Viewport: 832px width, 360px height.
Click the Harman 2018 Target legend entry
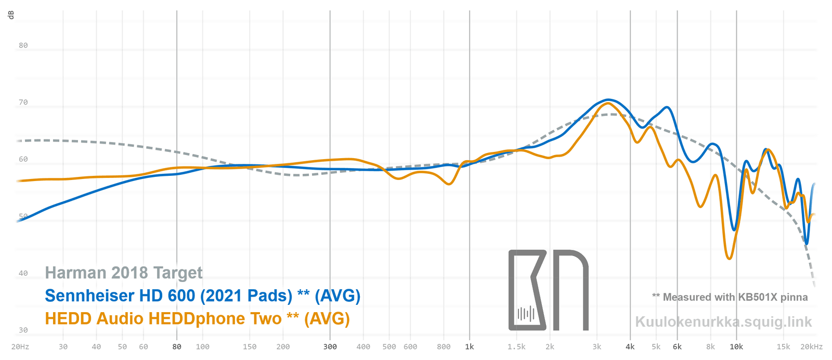pos(124,273)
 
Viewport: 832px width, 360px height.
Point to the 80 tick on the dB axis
pos(23,45)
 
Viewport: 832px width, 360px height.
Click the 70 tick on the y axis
pos(23,102)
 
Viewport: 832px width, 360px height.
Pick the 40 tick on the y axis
pos(23,273)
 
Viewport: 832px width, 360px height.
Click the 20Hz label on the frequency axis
pos(20,346)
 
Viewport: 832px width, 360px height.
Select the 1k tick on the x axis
pos(469,346)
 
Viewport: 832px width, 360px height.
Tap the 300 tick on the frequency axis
pos(330,346)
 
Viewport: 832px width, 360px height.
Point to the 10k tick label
pos(736,346)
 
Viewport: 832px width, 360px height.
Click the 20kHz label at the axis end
pos(811,346)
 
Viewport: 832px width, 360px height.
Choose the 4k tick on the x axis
pos(630,346)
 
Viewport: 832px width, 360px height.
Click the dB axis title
pos(11,15)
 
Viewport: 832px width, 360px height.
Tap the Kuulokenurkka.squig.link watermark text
pos(723,322)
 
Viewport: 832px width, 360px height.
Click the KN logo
pos(548,290)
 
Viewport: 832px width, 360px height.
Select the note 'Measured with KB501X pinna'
pos(730,297)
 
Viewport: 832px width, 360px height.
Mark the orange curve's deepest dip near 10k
pos(730,259)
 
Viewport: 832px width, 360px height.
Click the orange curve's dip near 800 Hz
pos(449,184)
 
